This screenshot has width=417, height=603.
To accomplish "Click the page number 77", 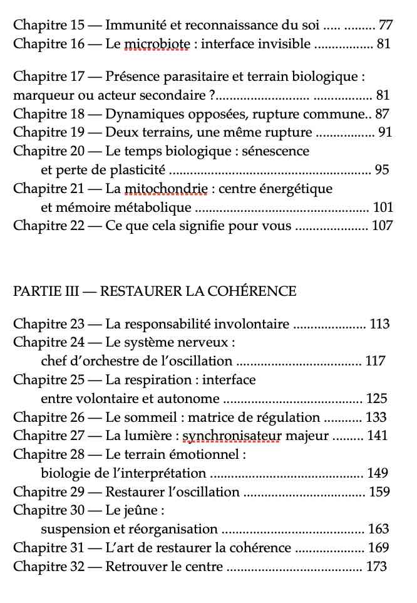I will [386, 26].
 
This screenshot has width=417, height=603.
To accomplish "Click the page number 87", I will [382, 114].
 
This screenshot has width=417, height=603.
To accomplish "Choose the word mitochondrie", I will [166, 189].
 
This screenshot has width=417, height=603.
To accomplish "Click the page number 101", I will [383, 207].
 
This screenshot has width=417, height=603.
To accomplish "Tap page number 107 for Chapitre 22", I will [382, 226].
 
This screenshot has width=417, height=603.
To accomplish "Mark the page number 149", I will [378, 473].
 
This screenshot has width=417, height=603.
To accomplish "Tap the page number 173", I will [376, 567].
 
